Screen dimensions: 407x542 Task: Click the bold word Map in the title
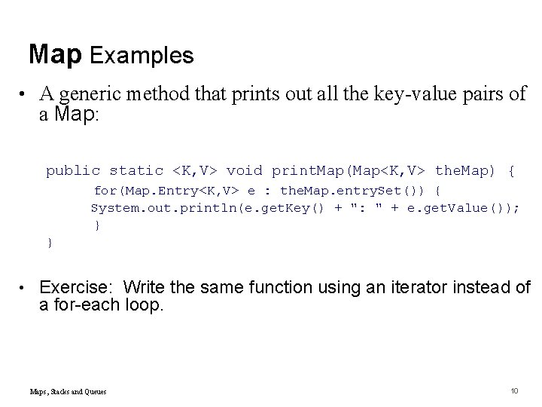(x=56, y=54)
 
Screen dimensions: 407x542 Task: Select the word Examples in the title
(x=142, y=55)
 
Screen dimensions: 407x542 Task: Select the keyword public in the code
(x=73, y=171)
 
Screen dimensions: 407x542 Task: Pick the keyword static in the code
(x=136, y=171)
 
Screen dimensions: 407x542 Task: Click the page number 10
(x=515, y=390)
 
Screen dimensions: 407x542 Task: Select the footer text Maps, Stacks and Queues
(x=68, y=391)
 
